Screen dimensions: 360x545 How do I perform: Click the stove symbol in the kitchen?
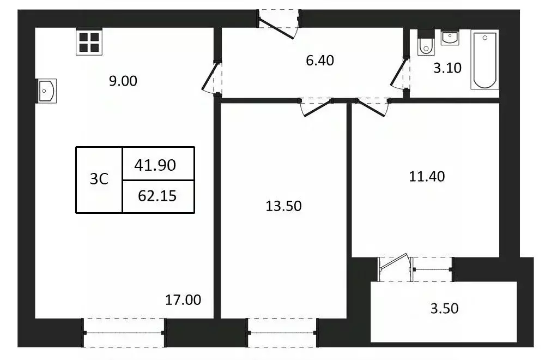coord(88,42)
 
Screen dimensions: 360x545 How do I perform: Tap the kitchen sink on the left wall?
coord(46,91)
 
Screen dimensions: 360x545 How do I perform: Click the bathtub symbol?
coord(485,60)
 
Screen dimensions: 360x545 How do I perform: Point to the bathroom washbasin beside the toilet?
coord(450,38)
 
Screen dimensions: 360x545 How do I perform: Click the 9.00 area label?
coord(123,81)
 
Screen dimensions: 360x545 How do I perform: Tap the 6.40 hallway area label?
coord(319,60)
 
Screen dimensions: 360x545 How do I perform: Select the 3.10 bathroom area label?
coord(447,68)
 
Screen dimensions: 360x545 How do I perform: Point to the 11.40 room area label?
coord(427,176)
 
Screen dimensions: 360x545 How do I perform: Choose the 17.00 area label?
coord(183,299)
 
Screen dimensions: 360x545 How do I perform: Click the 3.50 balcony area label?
coord(444,309)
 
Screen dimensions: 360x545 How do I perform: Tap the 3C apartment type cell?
coord(99,179)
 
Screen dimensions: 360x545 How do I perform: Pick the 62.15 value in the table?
coord(157,195)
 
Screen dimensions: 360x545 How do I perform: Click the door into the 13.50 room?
coord(316,106)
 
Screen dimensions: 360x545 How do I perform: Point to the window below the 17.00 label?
coord(124,333)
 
